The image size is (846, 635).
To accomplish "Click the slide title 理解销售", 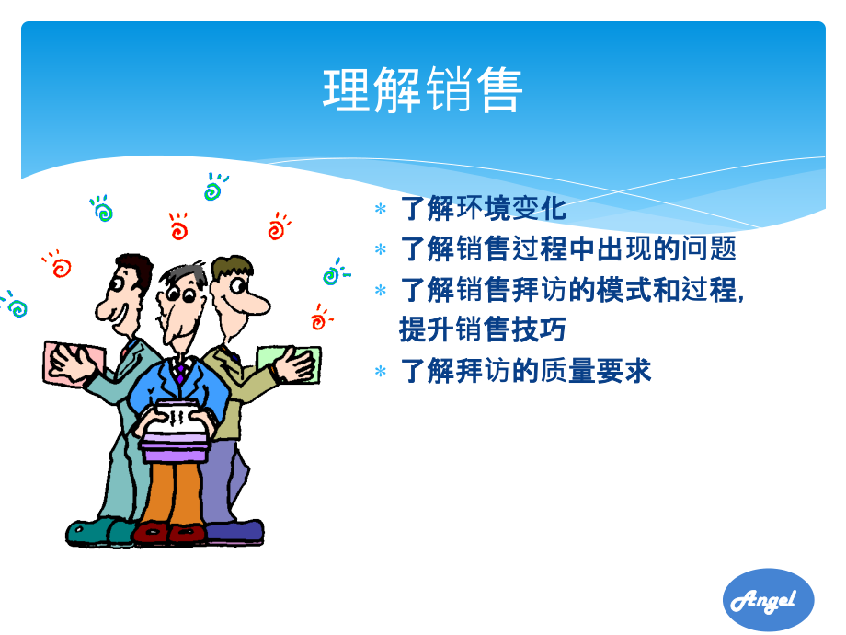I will click(x=423, y=90).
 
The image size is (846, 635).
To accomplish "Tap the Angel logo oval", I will click(x=769, y=600).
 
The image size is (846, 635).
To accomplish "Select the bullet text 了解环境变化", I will click(x=484, y=209).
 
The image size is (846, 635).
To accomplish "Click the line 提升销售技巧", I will click(x=482, y=329).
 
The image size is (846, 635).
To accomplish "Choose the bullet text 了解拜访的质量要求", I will click(x=526, y=371).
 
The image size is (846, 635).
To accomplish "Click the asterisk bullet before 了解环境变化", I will click(x=381, y=211).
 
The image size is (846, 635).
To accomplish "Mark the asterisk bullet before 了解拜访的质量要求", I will click(x=381, y=373).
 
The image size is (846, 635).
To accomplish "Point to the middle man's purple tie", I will click(x=181, y=372).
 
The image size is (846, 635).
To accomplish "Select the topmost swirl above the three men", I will click(x=215, y=188).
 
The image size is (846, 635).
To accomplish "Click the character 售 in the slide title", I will click(x=498, y=90).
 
